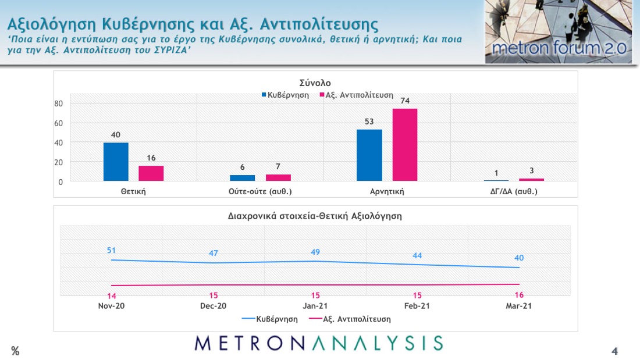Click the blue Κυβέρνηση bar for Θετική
click(x=116, y=162)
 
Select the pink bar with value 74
click(x=404, y=145)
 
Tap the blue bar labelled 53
click(x=369, y=155)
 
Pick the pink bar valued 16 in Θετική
click(x=151, y=173)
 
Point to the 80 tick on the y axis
click(x=58, y=104)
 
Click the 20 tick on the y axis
click(x=58, y=162)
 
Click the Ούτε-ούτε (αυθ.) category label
click(x=260, y=191)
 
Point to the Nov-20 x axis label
click(x=111, y=306)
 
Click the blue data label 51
click(x=111, y=251)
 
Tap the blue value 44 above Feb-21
click(x=418, y=255)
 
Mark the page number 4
click(x=614, y=351)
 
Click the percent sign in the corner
click(x=15, y=351)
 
